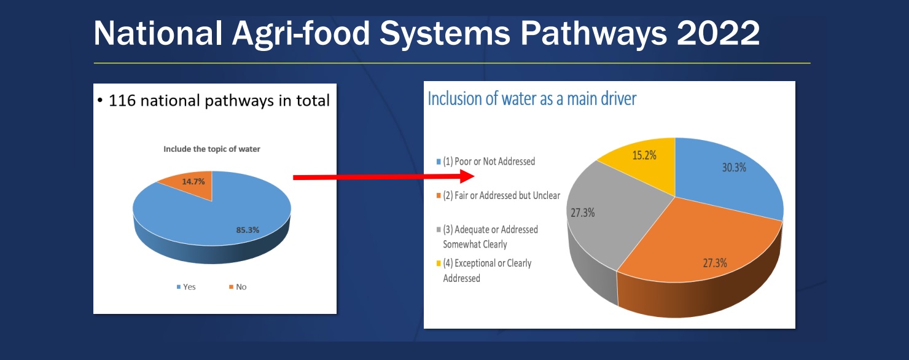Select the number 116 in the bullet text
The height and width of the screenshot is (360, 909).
click(x=122, y=101)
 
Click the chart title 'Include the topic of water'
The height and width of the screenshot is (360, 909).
click(x=212, y=149)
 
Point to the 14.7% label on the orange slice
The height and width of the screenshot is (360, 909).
click(x=193, y=181)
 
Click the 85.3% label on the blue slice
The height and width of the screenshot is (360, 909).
click(x=248, y=230)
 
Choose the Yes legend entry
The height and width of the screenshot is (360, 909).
click(x=186, y=287)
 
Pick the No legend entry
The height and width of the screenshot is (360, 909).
click(x=238, y=287)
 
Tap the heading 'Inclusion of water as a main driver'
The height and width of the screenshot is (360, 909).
click(x=532, y=99)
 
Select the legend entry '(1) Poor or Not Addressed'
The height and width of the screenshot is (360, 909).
click(x=486, y=162)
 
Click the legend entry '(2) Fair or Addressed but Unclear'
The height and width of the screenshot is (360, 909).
click(x=498, y=195)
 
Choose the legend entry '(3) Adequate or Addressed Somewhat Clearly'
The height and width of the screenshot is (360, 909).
click(x=487, y=237)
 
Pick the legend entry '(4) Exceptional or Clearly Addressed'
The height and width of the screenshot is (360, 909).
click(x=484, y=271)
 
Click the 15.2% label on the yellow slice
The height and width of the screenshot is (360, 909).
click(x=644, y=155)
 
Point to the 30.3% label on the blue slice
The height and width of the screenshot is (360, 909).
click(x=734, y=167)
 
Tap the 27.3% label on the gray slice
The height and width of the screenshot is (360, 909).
click(x=583, y=213)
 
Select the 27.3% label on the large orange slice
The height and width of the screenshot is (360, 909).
click(x=715, y=263)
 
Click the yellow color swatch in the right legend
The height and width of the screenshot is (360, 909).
click(x=439, y=264)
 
